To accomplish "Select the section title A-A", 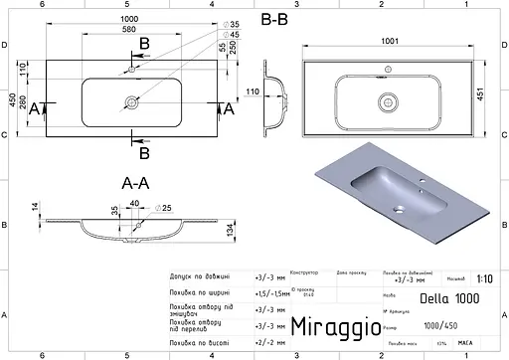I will [x=135, y=184].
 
